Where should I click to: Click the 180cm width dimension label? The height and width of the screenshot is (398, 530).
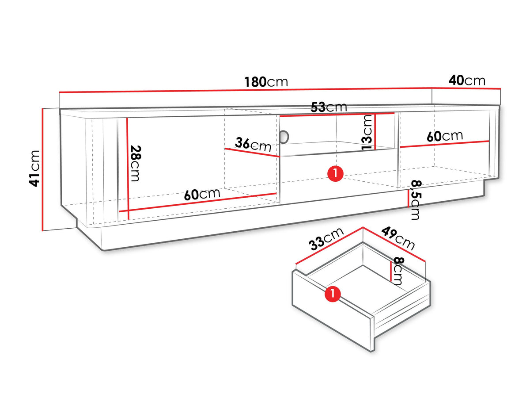click(x=266, y=82)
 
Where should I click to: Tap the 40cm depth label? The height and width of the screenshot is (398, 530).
click(x=467, y=80)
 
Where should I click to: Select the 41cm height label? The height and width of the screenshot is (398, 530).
click(x=34, y=168)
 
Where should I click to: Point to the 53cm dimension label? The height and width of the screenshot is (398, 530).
click(x=329, y=107)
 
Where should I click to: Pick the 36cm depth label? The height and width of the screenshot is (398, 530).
click(x=253, y=145)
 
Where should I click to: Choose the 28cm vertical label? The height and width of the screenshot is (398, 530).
click(x=136, y=163)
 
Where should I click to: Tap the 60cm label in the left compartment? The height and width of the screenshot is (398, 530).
click(x=202, y=194)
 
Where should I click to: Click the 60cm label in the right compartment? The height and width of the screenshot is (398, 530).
click(x=445, y=136)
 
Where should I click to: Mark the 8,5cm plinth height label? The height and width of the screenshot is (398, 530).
click(x=416, y=199)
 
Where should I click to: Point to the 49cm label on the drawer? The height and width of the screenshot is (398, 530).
click(x=398, y=238)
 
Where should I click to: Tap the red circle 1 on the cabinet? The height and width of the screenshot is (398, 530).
click(x=335, y=173)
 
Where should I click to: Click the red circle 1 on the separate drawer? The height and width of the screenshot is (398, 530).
click(x=333, y=294)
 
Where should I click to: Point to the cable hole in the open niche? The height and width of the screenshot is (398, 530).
click(x=285, y=137)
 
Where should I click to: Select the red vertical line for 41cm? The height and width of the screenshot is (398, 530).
click(x=42, y=170)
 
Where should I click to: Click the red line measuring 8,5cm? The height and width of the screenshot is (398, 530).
click(x=408, y=199)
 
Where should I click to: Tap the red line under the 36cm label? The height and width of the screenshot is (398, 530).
click(x=252, y=153)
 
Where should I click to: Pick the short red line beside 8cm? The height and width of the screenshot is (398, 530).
click(x=391, y=271)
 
